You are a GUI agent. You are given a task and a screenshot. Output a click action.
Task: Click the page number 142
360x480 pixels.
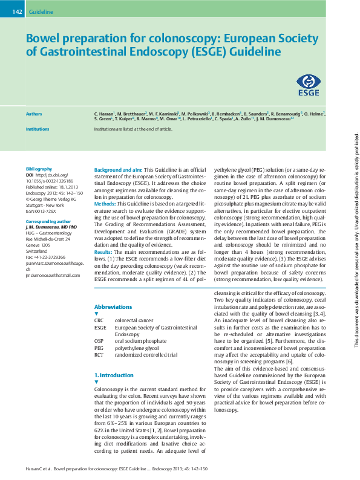click(17, 11)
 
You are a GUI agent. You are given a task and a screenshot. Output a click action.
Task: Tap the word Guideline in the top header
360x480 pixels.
click(41, 11)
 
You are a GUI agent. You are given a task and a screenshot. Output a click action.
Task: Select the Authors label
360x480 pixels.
click(34, 114)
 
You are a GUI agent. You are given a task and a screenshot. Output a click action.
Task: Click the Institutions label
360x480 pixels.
click(38, 129)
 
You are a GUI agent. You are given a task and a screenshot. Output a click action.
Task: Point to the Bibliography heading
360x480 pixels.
click(39, 169)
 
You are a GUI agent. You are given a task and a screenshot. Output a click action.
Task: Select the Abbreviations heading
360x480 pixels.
click(113, 306)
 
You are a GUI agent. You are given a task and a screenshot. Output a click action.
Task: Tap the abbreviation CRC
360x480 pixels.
click(100, 320)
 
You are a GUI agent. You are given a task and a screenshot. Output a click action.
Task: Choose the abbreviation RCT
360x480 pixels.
click(100, 355)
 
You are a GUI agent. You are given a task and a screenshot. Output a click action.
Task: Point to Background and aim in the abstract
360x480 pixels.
click(119, 170)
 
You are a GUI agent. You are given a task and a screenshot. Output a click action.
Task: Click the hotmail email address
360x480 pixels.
click(53, 276)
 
